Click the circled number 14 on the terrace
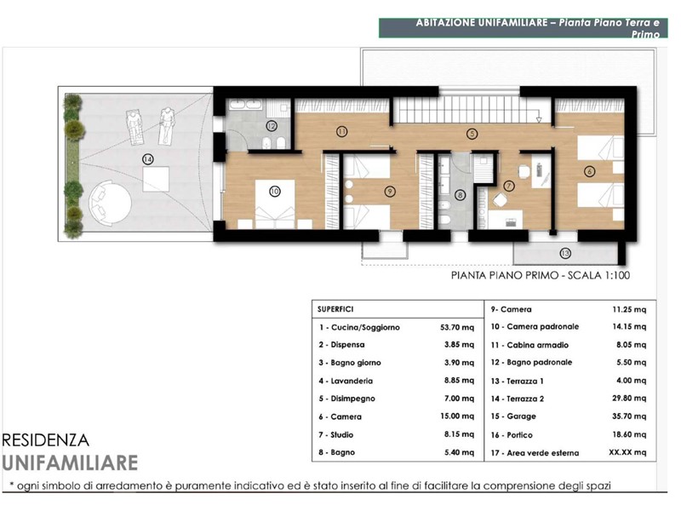click(x=148, y=159)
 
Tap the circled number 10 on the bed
click(x=274, y=191)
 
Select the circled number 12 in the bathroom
click(x=272, y=126)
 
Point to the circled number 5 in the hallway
click(x=472, y=134)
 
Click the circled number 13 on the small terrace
click(x=565, y=253)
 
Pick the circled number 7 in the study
click(x=508, y=186)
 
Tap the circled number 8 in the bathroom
click(x=460, y=195)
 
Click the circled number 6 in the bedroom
click(x=589, y=171)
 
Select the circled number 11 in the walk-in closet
click(x=342, y=131)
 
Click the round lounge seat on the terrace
click(x=110, y=204)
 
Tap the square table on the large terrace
click(x=156, y=180)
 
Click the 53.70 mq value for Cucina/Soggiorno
click(x=457, y=327)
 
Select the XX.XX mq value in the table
click(x=627, y=452)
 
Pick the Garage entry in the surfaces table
click(x=513, y=416)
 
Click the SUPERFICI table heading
click(x=335, y=309)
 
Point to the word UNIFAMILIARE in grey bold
click(x=70, y=462)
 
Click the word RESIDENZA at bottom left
click(x=46, y=440)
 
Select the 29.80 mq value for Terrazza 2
click(x=629, y=398)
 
